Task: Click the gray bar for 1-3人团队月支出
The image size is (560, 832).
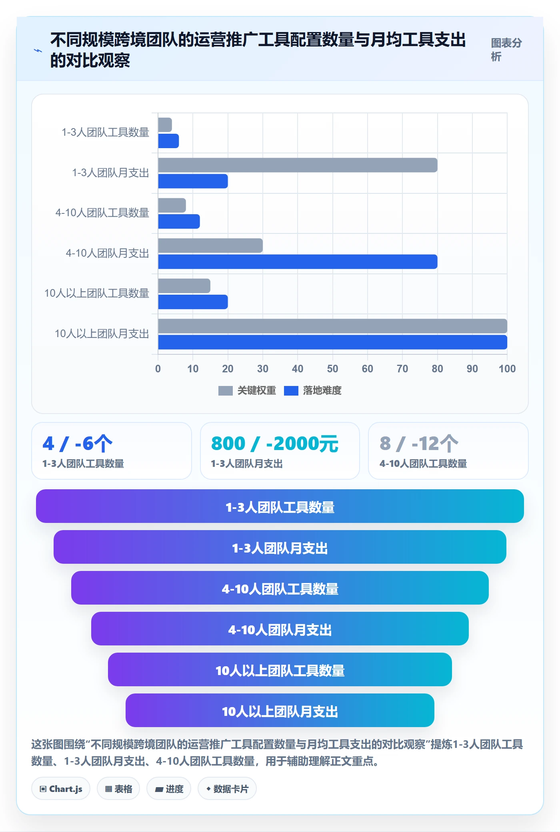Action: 298,165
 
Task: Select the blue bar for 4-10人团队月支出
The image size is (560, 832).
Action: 298,261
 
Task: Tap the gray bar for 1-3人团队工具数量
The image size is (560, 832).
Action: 165,125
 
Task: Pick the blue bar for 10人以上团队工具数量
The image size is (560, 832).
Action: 193,302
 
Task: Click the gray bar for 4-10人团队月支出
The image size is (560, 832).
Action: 210,245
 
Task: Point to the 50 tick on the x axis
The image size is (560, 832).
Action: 332,369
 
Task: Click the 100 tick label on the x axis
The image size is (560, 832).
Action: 507,369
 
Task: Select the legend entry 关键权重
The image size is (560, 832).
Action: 247,390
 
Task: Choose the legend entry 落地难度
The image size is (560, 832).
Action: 313,390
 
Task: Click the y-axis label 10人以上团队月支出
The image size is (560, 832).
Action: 102,334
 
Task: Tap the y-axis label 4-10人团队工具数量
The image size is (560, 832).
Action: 102,213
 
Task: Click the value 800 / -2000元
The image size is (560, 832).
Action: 275,444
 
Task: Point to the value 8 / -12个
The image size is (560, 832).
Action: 419,444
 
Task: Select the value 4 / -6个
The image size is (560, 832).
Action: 78,444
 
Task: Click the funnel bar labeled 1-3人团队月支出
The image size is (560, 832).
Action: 280,547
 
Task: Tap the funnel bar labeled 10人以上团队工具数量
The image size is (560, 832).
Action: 280,669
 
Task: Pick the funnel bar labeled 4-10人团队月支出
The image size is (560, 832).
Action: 280,629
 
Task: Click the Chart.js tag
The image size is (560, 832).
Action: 61,789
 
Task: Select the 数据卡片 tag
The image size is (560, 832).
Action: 227,789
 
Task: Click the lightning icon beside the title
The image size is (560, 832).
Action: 38,50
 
